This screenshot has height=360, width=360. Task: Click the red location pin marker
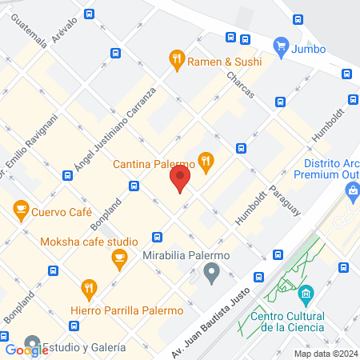click(x=180, y=178)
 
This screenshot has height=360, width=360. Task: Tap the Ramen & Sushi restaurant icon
click(x=176, y=58)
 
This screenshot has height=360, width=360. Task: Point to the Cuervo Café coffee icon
click(x=21, y=212)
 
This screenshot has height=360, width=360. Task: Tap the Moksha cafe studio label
click(x=100, y=239)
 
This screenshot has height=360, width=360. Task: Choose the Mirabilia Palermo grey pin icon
click(x=211, y=274)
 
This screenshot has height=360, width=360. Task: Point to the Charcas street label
click(x=240, y=83)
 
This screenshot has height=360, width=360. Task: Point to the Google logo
click(x=26, y=350)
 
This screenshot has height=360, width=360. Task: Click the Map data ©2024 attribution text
click(x=324, y=354)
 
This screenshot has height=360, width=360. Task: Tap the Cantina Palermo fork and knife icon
click(x=206, y=162)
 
